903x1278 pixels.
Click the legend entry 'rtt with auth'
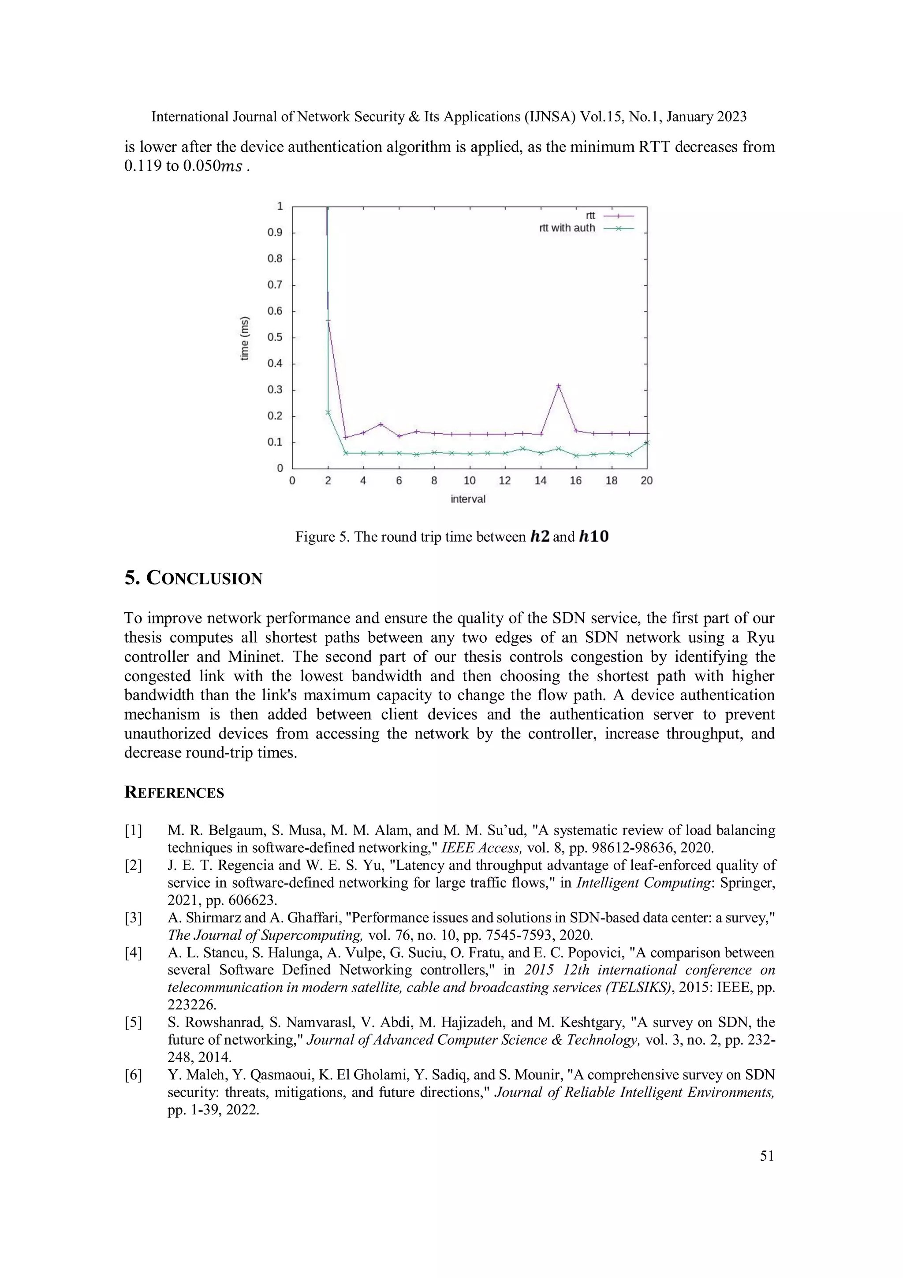tap(567, 228)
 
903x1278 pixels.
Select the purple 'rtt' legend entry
tap(590, 215)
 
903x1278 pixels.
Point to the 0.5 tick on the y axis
tap(275, 337)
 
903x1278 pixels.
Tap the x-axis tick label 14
tap(540, 481)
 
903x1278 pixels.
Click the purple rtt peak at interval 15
tap(559, 386)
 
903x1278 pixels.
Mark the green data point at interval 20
tap(646, 442)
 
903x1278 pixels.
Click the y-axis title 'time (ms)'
tap(245, 338)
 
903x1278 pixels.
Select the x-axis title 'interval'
tap(468, 499)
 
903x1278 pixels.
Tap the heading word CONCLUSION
tap(204, 579)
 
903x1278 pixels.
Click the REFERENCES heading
tap(174, 793)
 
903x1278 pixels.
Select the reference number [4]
tap(133, 953)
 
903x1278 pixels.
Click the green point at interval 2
tap(328, 412)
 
